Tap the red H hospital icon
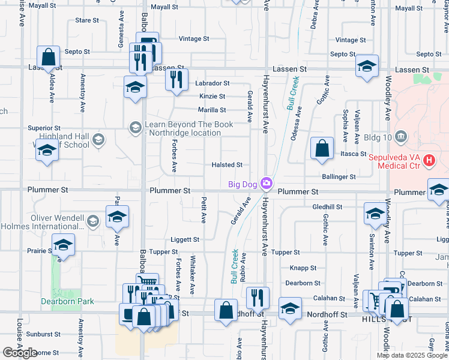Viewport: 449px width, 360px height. point(429,161)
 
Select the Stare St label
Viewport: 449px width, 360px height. point(87,20)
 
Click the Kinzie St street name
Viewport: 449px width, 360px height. point(212,96)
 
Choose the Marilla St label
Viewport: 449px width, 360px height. point(212,110)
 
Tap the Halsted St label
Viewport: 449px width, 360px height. point(227,165)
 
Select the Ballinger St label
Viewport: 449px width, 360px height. point(339,177)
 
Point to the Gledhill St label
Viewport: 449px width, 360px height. point(327,206)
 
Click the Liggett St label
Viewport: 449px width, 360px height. point(184,239)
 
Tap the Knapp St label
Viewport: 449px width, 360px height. point(303,268)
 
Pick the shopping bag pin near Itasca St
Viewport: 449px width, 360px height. point(322,149)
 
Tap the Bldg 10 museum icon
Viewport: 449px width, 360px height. point(402,137)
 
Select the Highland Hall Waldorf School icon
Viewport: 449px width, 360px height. point(98,140)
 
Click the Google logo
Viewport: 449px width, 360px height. point(20,352)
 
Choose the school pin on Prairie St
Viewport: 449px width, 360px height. point(62,245)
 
